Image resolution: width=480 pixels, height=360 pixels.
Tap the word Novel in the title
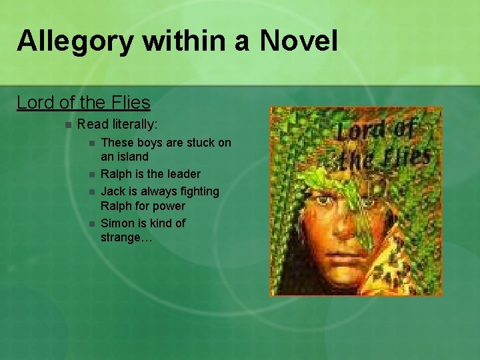299,41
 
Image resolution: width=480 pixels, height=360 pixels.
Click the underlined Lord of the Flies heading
83,103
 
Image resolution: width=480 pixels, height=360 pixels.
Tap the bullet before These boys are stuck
91,143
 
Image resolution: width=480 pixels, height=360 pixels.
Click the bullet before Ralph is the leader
91,175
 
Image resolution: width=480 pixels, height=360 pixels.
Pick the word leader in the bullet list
183,174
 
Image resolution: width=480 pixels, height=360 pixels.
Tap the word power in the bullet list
169,206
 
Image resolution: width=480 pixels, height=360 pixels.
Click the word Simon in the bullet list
117,223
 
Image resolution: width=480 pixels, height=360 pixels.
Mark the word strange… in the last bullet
127,238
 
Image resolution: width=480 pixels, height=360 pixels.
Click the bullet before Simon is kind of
91,223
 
